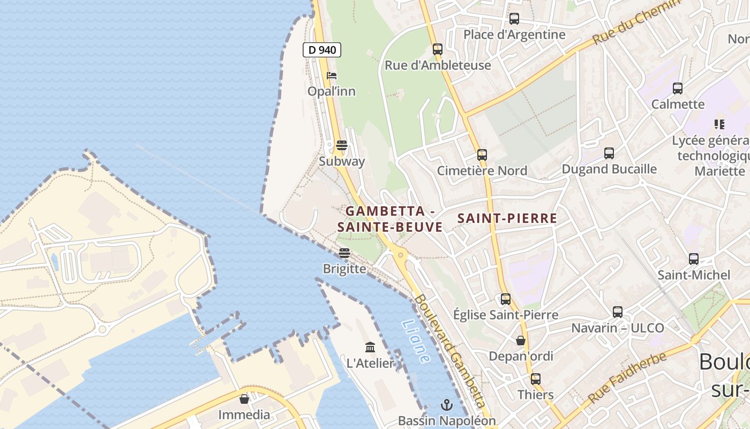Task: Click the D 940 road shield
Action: [322, 50]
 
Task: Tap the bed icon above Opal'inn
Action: [332, 76]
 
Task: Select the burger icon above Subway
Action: [341, 145]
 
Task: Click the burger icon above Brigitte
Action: [344, 253]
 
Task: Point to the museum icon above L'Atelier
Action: [370, 347]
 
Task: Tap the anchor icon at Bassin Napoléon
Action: [447, 404]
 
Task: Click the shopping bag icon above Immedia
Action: [244, 398]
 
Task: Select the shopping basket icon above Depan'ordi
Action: [520, 340]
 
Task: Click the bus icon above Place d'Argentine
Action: [514, 19]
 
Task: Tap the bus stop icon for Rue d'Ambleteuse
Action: [438, 49]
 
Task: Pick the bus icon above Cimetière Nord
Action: [482, 155]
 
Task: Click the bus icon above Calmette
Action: [678, 88]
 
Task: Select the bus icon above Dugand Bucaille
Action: [609, 153]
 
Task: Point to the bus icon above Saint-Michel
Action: [694, 259]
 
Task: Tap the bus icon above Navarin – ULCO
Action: [618, 312]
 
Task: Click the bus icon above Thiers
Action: [536, 379]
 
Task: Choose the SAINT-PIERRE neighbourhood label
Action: [507, 218]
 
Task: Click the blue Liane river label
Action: [416, 342]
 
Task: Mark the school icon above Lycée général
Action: [719, 124]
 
